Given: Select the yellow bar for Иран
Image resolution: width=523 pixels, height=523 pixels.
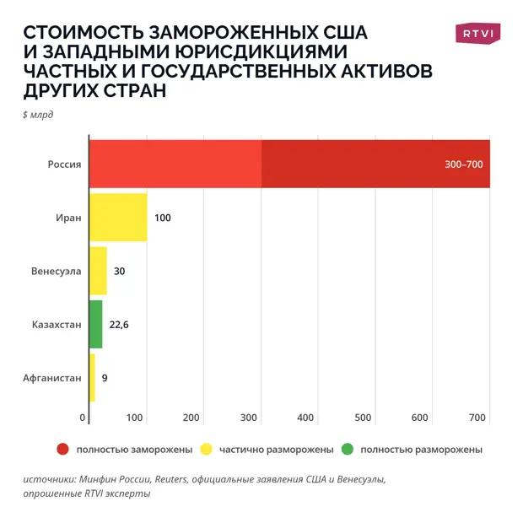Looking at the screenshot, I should [x=118, y=218].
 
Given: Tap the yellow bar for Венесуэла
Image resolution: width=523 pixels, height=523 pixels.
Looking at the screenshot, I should [x=98, y=271].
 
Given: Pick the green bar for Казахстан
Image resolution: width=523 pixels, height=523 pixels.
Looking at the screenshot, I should [x=95, y=324].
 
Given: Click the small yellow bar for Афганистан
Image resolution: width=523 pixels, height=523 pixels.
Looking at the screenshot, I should [x=92, y=378].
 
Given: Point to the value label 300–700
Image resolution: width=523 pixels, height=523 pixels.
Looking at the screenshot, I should [x=463, y=164].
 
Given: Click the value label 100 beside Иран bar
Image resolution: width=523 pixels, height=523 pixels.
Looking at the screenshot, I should [x=163, y=218].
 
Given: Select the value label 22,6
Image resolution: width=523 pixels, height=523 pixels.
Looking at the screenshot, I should [x=119, y=324].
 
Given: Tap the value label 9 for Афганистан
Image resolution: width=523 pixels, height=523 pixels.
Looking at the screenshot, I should [x=105, y=378].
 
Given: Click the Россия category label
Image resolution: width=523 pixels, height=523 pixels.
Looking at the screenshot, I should [x=64, y=164].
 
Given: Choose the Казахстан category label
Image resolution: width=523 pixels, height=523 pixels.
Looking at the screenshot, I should [x=57, y=324].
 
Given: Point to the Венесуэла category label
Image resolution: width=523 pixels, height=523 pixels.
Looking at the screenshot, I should [x=56, y=271].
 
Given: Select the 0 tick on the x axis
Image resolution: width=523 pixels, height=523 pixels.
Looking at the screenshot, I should [x=84, y=418].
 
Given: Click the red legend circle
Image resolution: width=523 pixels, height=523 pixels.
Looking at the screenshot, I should [x=62, y=450].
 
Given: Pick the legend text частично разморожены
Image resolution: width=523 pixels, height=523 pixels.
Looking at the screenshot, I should [x=277, y=450].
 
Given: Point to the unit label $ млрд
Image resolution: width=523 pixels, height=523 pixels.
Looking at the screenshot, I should [x=38, y=115].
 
